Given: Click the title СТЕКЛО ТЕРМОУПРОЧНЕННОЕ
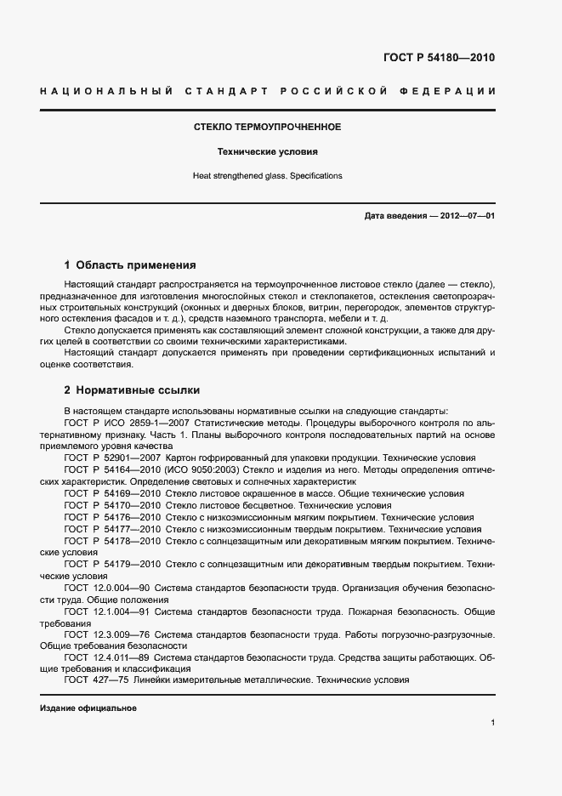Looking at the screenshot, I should tap(268, 127).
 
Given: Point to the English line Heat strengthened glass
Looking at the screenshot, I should tap(268, 176).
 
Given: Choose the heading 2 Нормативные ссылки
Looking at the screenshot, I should tap(132, 390).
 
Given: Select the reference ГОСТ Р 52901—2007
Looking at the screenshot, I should tap(112, 457).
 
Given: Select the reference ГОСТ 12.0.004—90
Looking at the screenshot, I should tap(108, 587).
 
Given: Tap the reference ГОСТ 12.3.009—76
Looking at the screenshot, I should tap(108, 634).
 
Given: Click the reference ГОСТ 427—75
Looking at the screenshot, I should tap(96, 679).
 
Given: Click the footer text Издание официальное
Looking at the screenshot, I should tap(88, 708).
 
